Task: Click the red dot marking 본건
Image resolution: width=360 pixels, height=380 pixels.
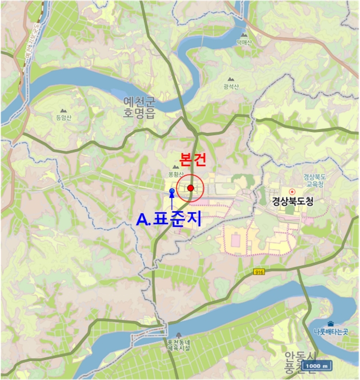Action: coord(191,188)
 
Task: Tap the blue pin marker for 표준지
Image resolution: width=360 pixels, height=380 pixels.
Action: coord(172,192)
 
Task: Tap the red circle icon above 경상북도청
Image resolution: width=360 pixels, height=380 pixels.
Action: coord(292,191)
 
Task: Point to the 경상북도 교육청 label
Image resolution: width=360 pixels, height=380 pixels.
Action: coord(314,180)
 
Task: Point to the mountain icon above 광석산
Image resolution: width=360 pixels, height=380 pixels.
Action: coord(231,79)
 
